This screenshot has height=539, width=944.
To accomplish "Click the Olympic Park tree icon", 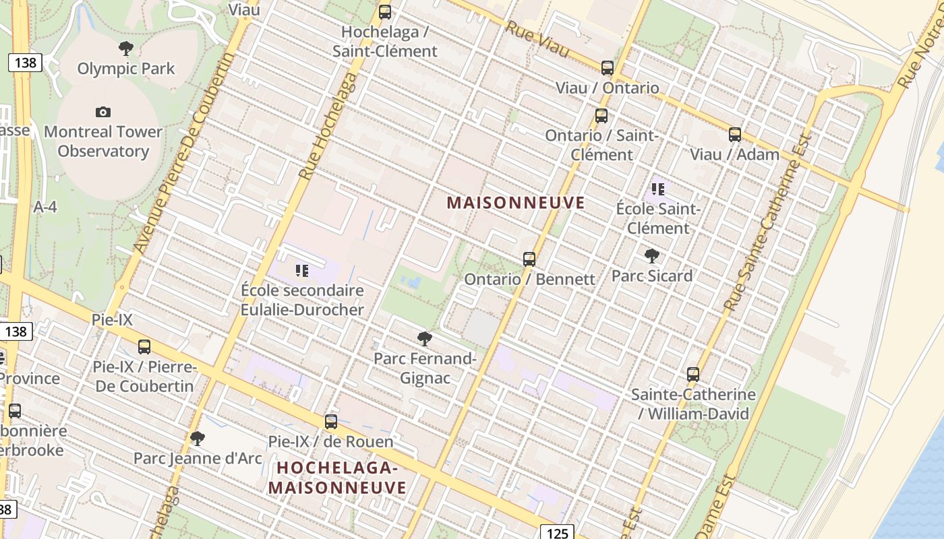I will point(125,49).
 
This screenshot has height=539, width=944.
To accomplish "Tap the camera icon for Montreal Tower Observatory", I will point(103,112).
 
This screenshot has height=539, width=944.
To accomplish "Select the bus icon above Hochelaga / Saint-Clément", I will point(385,11).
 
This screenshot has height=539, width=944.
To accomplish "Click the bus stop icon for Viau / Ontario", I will point(608,67).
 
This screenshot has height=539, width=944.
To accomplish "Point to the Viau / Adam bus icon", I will point(735,135).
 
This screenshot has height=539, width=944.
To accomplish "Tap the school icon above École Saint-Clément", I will point(658,189).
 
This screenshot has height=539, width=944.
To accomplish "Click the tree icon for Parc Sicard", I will point(651,256).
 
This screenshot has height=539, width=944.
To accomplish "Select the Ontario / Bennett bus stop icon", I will point(529,259).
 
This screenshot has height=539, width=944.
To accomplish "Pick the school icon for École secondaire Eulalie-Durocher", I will point(302,271).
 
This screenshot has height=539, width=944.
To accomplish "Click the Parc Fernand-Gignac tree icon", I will point(425,338).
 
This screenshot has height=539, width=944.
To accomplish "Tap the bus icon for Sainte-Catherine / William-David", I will point(693,375).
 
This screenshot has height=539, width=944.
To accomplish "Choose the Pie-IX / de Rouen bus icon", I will point(331,422).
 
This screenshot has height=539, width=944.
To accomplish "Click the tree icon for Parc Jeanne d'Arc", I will point(198,439).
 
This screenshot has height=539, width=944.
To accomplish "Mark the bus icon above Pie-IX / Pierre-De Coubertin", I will point(144,347).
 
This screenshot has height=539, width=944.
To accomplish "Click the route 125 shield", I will point(557,533).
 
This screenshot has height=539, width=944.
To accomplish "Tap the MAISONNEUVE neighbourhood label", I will point(516,203).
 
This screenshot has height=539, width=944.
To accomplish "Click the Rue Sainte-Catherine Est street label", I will point(768,223).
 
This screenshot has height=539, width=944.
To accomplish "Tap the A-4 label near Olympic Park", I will point(45,208).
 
